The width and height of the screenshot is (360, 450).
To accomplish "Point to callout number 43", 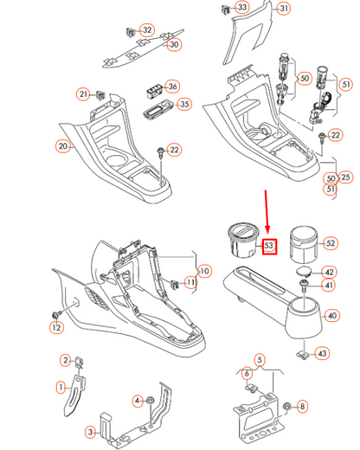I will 322,353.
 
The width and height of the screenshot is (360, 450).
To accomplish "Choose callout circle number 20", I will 62,146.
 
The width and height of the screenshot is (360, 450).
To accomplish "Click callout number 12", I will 56,327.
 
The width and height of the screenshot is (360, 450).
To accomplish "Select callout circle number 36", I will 171,87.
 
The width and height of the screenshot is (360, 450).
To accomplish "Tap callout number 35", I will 183,105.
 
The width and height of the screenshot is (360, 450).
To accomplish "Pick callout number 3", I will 90,430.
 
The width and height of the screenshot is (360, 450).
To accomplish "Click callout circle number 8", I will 301,406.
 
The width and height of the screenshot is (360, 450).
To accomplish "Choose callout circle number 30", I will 175,44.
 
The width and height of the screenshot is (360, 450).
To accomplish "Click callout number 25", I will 347,177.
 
